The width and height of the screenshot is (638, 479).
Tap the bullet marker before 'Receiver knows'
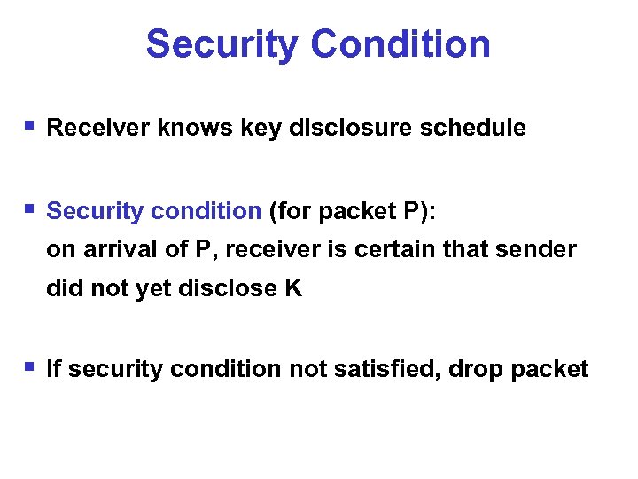click(29, 126)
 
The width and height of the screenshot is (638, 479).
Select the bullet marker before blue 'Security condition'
click(29, 209)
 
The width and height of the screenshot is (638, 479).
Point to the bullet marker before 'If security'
click(29, 365)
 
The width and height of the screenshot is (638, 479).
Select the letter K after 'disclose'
click(293, 289)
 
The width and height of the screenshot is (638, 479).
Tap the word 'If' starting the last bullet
click(53, 369)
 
